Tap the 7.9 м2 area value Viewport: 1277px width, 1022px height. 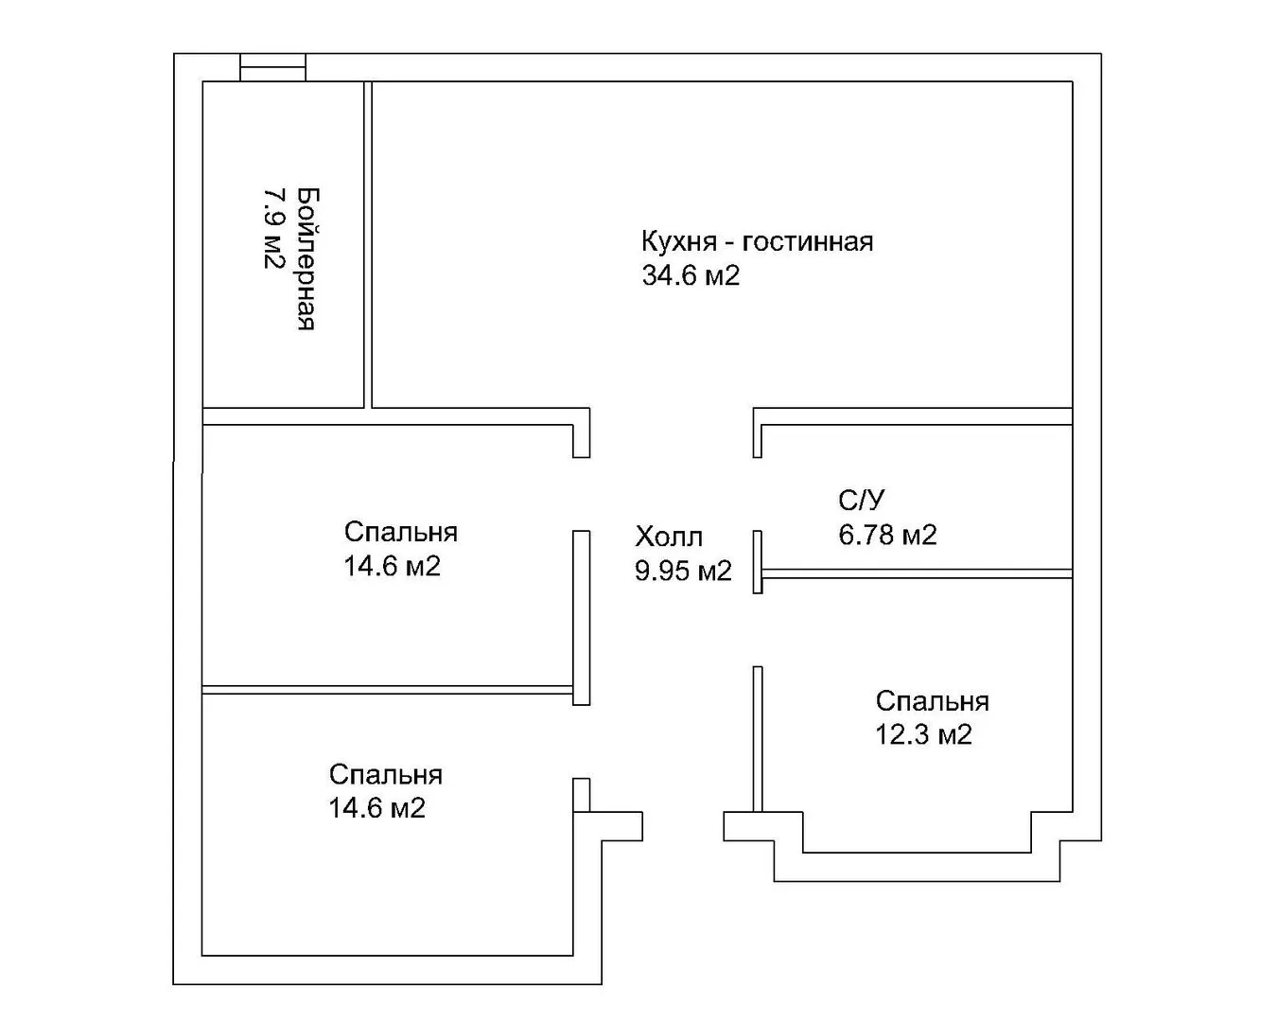(x=274, y=229)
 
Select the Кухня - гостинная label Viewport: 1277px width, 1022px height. (x=757, y=242)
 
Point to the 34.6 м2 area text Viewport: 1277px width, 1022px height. (x=691, y=276)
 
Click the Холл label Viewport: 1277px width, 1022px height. (x=669, y=537)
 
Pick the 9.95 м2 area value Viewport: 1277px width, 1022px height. (x=683, y=571)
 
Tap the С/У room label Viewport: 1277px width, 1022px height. (x=861, y=500)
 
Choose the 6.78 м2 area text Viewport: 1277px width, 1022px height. (x=887, y=535)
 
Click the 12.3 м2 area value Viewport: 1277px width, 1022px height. (x=924, y=734)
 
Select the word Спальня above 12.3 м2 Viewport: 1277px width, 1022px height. (x=933, y=701)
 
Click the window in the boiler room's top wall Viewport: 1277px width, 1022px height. (x=273, y=67)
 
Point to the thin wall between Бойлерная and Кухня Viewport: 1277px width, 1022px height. (x=368, y=244)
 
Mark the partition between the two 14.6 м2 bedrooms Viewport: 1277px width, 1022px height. (x=388, y=690)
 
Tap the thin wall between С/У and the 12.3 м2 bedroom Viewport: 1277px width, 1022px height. (x=917, y=573)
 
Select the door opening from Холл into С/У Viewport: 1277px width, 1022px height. (x=757, y=494)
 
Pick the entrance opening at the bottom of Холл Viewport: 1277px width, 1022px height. (x=683, y=826)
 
